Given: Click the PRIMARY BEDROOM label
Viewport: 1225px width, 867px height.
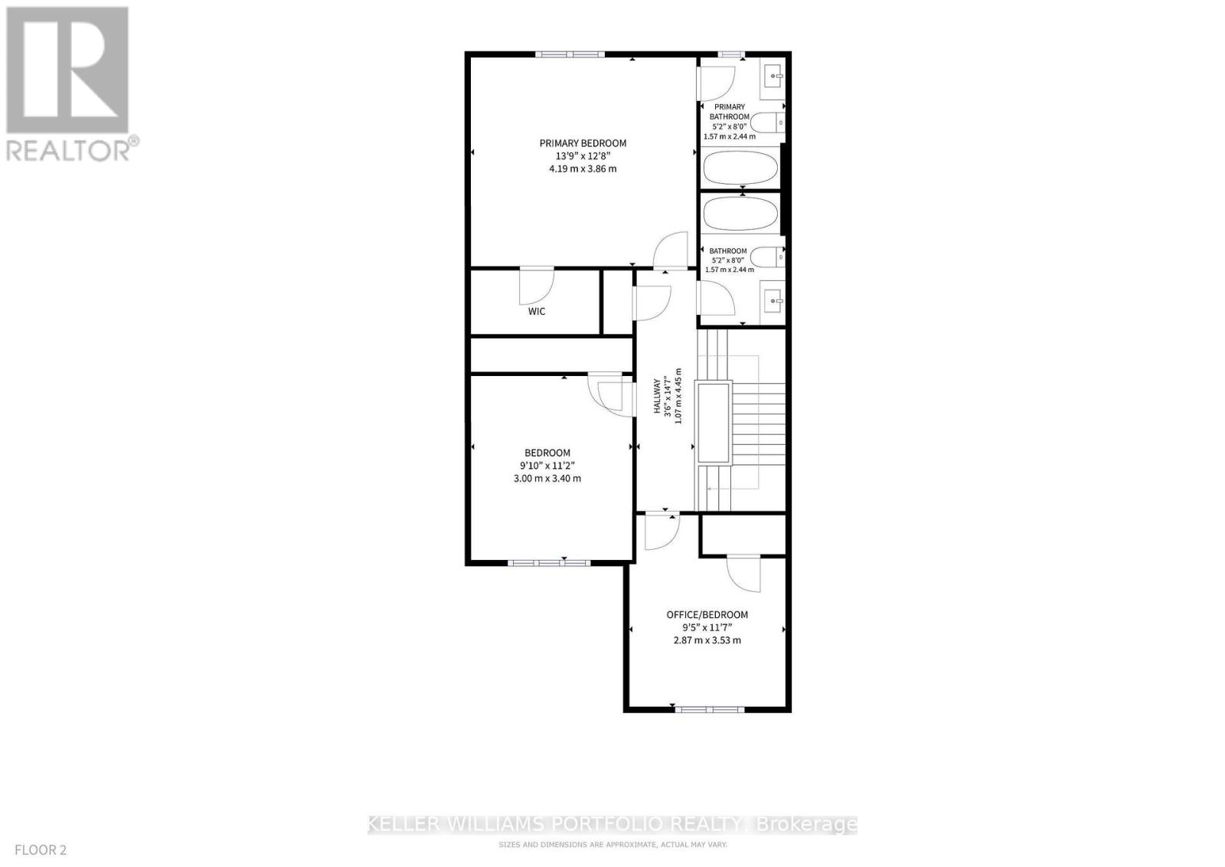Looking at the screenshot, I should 583,143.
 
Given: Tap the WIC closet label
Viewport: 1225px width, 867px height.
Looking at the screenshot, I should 537,312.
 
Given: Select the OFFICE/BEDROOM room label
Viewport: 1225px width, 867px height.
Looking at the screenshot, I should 707,615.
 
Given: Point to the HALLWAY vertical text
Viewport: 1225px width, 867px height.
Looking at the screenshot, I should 657,396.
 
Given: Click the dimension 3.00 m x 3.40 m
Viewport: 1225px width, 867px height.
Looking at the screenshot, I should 547,479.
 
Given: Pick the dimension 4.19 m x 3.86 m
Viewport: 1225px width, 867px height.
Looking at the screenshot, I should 583,168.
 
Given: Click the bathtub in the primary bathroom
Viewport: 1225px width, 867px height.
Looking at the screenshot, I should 740,166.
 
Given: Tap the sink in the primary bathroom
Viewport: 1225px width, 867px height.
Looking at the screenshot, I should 773,75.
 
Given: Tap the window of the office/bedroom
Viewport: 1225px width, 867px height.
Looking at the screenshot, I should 709,709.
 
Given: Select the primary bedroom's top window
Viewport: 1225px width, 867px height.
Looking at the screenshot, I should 570,54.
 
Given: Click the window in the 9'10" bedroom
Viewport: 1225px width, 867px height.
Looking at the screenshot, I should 548,563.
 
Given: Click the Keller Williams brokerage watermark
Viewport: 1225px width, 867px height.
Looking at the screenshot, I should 612,824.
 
